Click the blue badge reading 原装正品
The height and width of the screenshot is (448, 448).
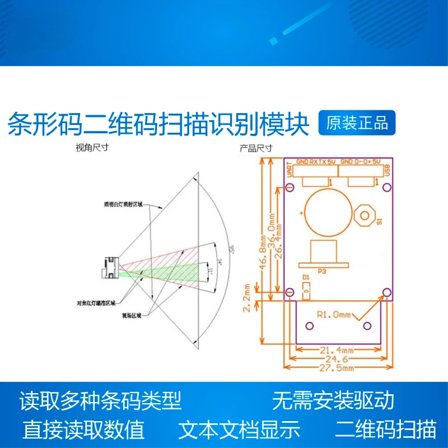357,123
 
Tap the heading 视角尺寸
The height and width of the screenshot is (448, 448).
92,148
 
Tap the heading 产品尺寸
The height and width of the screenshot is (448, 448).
256,148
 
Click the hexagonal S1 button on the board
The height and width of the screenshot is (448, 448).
365,214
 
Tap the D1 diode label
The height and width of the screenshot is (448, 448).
305,277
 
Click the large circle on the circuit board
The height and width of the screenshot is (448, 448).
325,211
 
